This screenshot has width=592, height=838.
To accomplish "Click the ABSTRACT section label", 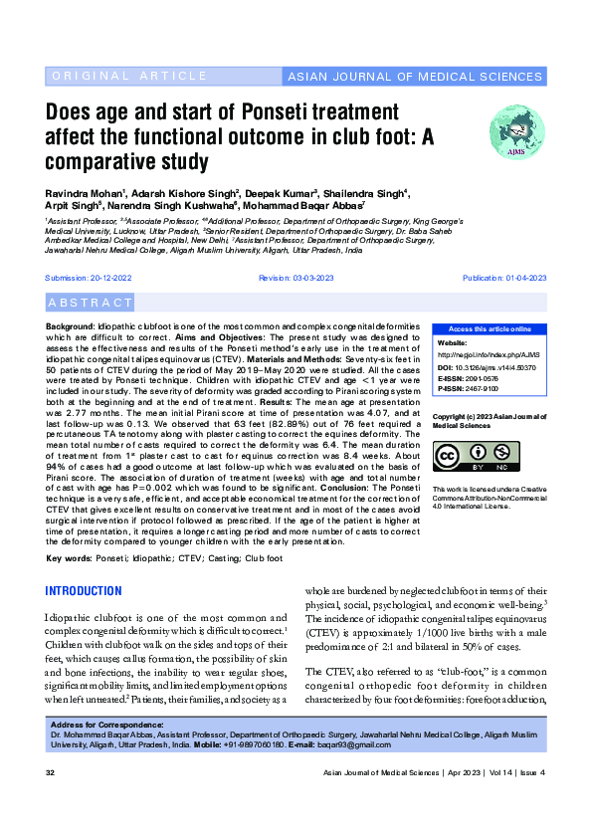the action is [x=90, y=303].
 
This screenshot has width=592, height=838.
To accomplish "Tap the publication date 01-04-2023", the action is [x=523, y=280].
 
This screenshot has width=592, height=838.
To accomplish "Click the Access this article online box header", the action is [x=490, y=328].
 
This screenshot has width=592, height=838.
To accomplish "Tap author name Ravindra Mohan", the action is [x=84, y=193].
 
